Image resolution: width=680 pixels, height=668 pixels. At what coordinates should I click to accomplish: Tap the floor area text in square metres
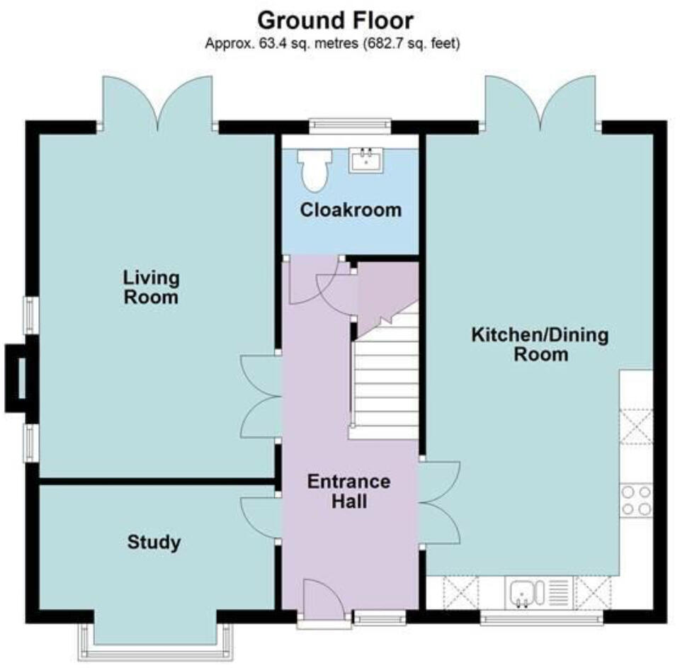coord(333,44)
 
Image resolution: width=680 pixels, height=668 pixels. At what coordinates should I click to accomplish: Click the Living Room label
coord(151,286)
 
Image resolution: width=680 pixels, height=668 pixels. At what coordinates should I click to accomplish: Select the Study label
coord(154,543)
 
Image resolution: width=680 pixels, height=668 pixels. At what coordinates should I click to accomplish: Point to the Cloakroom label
coord(350,210)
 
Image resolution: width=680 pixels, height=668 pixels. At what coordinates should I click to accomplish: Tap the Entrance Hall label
coord(348,492)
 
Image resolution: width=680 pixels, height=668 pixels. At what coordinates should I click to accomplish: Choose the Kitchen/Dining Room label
coord(540,344)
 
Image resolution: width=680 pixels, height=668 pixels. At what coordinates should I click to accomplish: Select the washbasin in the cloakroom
coord(366,161)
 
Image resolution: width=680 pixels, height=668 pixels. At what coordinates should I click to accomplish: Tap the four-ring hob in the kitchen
coord(635,500)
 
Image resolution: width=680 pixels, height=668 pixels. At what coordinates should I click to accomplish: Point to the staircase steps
coord(386,390)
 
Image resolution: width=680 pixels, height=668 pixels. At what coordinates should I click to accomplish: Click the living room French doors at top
coord(157,103)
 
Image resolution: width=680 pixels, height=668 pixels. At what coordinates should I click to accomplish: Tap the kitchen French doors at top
coord(541,103)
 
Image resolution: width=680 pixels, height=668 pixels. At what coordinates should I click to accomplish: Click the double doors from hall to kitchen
coord(439,502)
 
